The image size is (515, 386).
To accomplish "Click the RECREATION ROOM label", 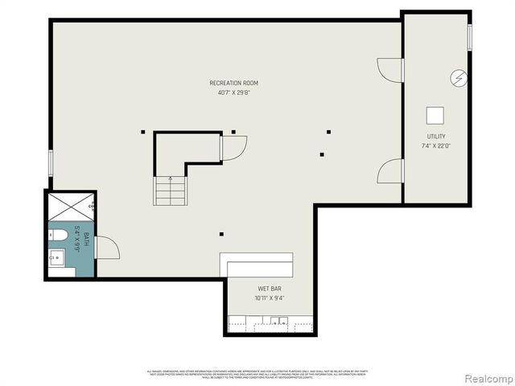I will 233,83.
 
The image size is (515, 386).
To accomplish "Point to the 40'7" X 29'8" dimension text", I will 233,92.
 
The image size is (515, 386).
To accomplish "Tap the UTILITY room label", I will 436,137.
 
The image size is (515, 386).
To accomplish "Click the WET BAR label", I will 270,288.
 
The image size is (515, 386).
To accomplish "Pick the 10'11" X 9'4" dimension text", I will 270,298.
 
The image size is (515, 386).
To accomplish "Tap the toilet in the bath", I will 58,236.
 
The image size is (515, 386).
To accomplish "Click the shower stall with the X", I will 71,207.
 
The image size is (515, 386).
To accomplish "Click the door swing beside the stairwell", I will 233,148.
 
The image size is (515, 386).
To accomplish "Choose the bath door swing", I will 106,247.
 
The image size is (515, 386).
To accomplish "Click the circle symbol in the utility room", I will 459,78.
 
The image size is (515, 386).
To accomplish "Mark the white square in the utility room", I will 436,114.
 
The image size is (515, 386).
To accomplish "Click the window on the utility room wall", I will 470,38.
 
